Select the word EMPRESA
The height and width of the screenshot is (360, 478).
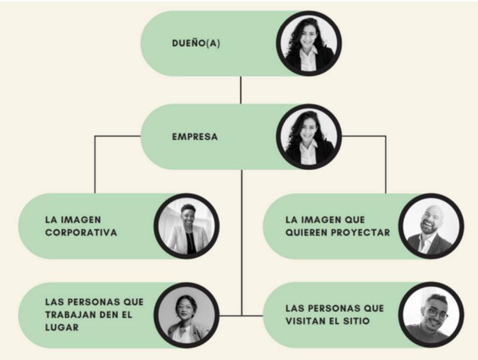(x=194, y=137)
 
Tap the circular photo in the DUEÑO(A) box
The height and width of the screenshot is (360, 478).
(x=309, y=43)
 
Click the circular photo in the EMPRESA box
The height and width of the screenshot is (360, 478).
(x=309, y=137)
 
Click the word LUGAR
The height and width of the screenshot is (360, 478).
(x=62, y=327)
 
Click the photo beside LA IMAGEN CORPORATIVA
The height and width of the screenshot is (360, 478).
(x=186, y=227)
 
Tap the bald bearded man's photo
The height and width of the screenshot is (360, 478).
(x=431, y=227)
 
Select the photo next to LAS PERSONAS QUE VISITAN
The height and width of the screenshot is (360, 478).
(x=431, y=315)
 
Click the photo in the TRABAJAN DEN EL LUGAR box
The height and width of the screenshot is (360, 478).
(x=186, y=315)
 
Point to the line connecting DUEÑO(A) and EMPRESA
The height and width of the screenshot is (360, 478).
(x=241, y=90)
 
